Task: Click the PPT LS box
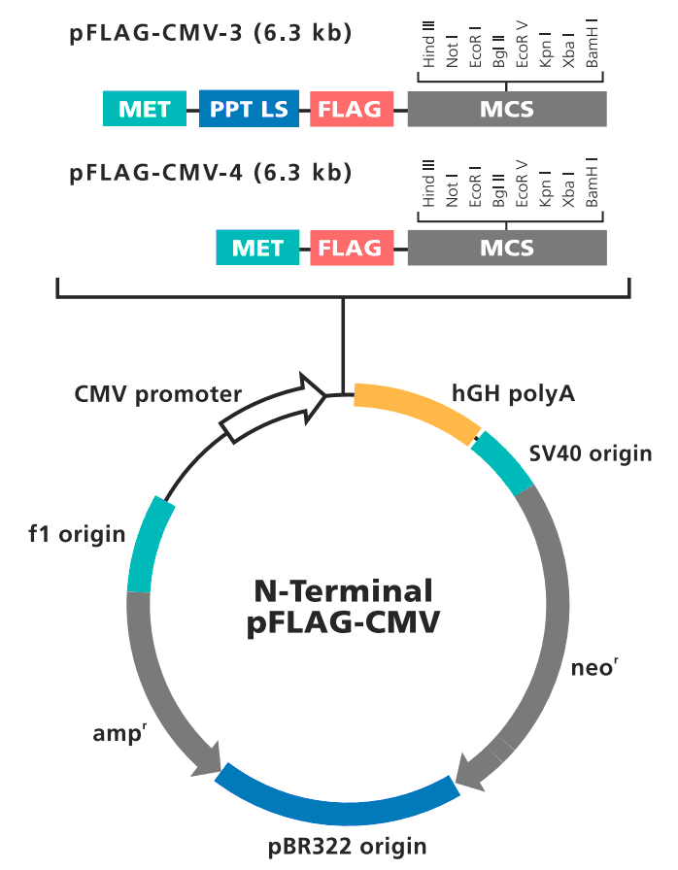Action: (249, 109)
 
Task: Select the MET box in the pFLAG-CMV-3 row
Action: (145, 109)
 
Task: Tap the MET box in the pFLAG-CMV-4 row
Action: (257, 248)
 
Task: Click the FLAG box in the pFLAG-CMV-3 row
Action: (351, 109)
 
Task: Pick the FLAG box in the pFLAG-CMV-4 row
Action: (351, 248)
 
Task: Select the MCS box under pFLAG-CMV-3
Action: (506, 109)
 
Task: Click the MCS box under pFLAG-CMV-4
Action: (506, 248)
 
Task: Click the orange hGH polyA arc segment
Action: (417, 408)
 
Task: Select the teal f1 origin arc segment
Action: (149, 544)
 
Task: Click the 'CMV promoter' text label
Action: (157, 394)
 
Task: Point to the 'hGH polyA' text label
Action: (513, 393)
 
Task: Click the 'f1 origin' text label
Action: (77, 533)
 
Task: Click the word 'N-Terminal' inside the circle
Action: (343, 590)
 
